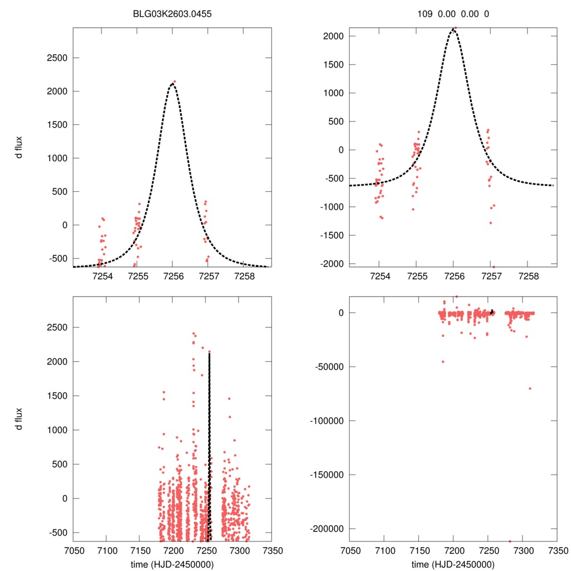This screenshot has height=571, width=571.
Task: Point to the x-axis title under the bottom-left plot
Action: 172,564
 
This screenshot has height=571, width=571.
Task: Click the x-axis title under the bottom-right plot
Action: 453,564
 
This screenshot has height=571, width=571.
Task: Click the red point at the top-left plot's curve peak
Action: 175,81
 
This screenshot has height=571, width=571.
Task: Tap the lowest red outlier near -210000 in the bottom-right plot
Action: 510,541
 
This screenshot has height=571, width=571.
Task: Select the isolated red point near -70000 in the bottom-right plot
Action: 530,388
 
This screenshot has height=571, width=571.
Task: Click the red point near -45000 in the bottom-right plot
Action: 443,361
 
